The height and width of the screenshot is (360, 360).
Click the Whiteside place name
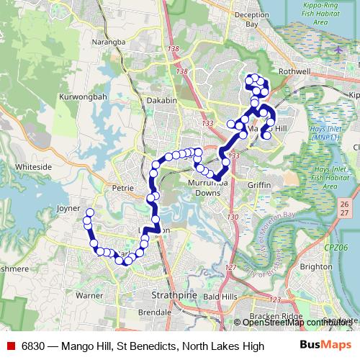click(x=33, y=166)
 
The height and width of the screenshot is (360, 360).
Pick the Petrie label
click(x=123, y=188)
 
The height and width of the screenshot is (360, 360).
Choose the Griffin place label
click(x=259, y=185)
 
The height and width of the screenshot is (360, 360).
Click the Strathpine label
click(x=171, y=295)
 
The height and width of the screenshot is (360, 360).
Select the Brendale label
click(x=154, y=313)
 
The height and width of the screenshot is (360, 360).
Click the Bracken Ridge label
click(x=271, y=317)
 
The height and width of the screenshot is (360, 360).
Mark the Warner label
click(x=89, y=295)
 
